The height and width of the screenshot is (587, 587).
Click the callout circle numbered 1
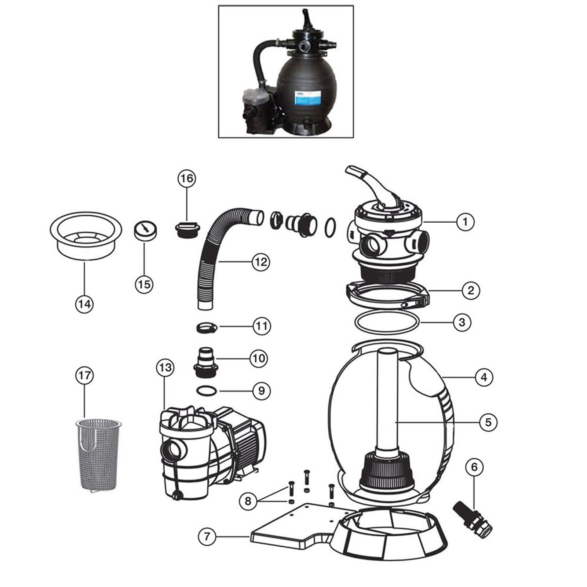tap(465, 222)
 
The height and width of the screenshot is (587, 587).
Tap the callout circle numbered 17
tap(84, 375)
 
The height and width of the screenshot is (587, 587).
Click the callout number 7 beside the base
tap(207, 536)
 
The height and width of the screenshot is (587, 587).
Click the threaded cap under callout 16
tap(187, 230)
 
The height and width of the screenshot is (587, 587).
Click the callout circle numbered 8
tap(248, 500)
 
